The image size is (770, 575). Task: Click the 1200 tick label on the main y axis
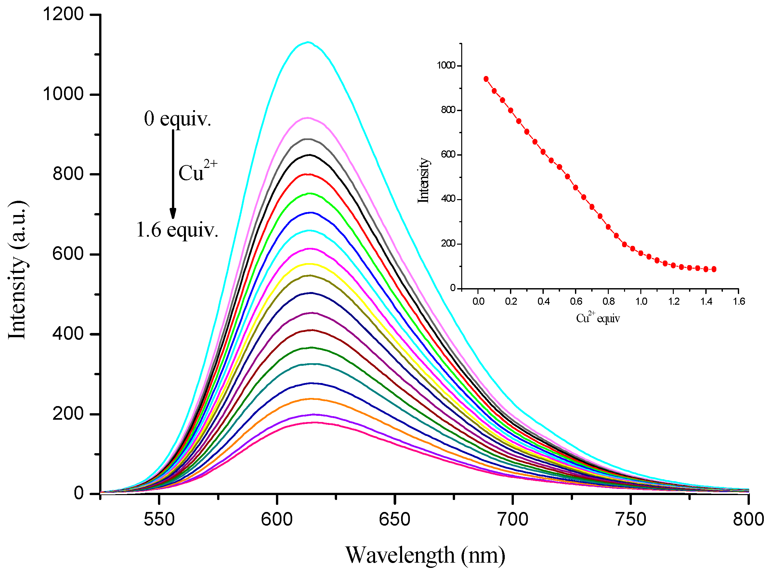[63, 15]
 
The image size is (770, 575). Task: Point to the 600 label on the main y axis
[68, 254]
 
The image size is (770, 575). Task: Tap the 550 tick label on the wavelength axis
[159, 519]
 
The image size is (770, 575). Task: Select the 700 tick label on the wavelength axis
[512, 519]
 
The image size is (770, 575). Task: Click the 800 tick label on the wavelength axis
[748, 519]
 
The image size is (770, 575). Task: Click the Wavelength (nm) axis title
[425, 555]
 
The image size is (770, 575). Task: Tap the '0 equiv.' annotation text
[177, 119]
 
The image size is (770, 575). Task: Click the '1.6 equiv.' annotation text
[177, 230]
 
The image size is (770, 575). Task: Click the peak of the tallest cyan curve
[308, 42]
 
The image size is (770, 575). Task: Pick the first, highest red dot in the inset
[486, 79]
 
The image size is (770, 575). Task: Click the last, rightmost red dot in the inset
[714, 269]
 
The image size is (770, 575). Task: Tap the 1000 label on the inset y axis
[446, 65]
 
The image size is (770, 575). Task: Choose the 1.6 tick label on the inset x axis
[739, 301]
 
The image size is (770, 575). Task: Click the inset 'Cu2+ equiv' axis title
[598, 318]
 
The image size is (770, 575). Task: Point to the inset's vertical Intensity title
[423, 180]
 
